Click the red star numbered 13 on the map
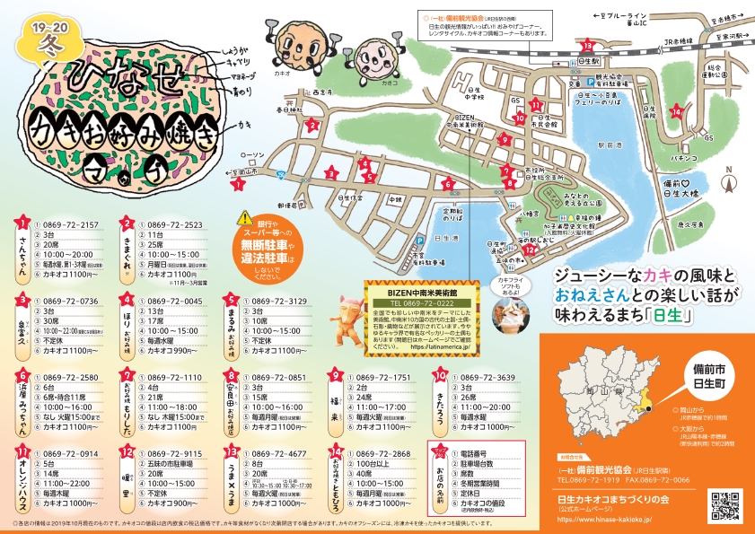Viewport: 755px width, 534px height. [x=588, y=45]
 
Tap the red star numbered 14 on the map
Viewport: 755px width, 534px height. [x=677, y=111]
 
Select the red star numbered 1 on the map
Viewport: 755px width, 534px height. [x=238, y=184]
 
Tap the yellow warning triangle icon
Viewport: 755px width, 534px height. [x=245, y=219]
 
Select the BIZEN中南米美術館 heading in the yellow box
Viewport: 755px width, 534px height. [x=423, y=293]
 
